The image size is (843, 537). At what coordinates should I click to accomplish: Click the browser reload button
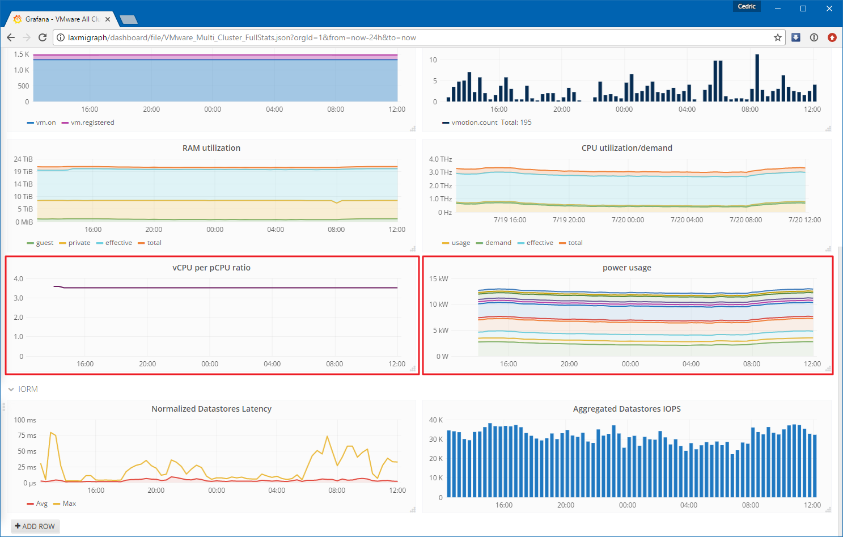pos(43,37)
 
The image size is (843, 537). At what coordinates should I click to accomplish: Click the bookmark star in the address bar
pos(777,37)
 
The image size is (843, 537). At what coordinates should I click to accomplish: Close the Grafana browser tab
pos(108,19)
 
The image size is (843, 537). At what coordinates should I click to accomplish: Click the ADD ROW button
pos(35,526)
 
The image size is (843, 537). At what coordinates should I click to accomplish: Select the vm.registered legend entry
pos(88,122)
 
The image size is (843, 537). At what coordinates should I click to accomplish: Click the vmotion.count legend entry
pos(469,122)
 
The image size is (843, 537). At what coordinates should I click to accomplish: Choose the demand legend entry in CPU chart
pos(494,243)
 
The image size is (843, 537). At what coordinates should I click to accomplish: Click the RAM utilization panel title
pos(211,148)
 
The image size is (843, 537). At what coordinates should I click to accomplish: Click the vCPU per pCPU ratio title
pos(211,268)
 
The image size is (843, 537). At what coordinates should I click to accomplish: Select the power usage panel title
pos(626,268)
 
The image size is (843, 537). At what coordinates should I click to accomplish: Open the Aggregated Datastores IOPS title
pos(626,409)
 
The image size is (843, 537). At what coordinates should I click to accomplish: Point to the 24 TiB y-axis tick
pos(23,159)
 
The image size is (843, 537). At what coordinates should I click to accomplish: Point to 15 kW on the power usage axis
pos(438,279)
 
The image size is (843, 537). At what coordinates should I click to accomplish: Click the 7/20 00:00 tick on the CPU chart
pos(628,220)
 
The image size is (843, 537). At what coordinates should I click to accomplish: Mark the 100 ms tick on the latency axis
pos(25,420)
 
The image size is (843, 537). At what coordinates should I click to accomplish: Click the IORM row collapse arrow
pos(11,389)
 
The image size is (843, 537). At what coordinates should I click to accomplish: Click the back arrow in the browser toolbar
pos(11,37)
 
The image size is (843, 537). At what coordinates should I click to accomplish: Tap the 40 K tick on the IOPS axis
pos(436,420)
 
